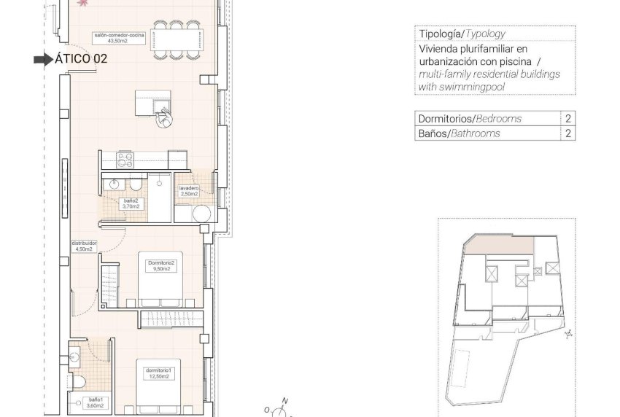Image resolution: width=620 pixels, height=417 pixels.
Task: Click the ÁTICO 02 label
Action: (82, 59)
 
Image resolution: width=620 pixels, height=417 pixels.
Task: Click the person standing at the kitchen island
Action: (165, 118)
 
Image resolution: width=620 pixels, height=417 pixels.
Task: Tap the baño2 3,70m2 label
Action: (131, 203)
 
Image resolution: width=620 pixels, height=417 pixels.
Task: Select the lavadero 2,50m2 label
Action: (189, 191)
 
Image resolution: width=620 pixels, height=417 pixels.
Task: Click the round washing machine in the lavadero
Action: (202, 214)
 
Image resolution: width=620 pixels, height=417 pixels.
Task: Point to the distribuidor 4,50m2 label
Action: (84, 246)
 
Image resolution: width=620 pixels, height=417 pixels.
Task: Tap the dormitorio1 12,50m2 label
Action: (157, 373)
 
